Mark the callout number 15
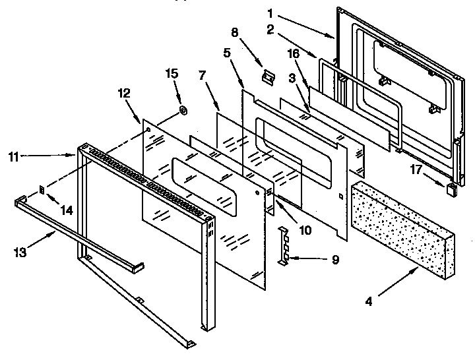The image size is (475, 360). click(174, 73)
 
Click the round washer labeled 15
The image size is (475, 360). click(183, 109)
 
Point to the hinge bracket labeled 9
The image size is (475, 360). click(284, 245)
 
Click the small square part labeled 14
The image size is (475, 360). click(42, 190)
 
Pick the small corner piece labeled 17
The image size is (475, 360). click(452, 189)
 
